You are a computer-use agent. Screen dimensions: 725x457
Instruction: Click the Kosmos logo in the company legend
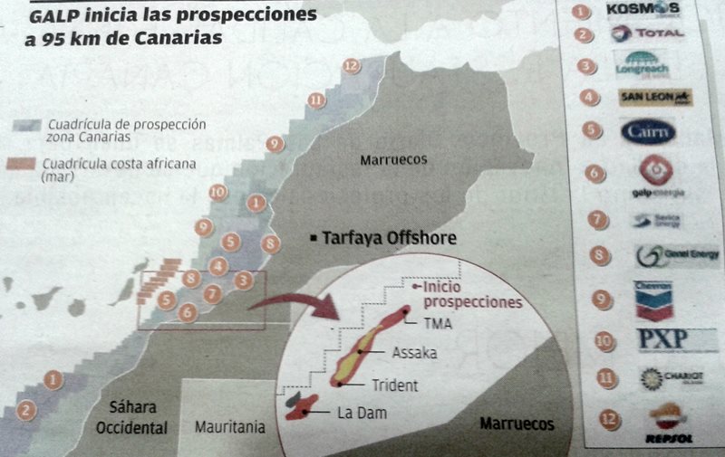coord(650,11)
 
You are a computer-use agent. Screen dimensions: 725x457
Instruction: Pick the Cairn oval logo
coord(649,131)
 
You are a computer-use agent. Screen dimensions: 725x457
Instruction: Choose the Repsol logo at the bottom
coord(668,424)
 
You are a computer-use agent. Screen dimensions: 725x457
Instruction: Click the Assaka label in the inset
coord(412,353)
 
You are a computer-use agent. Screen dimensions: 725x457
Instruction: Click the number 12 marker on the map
coord(352,65)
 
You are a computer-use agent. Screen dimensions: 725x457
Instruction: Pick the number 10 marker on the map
coord(217,192)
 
